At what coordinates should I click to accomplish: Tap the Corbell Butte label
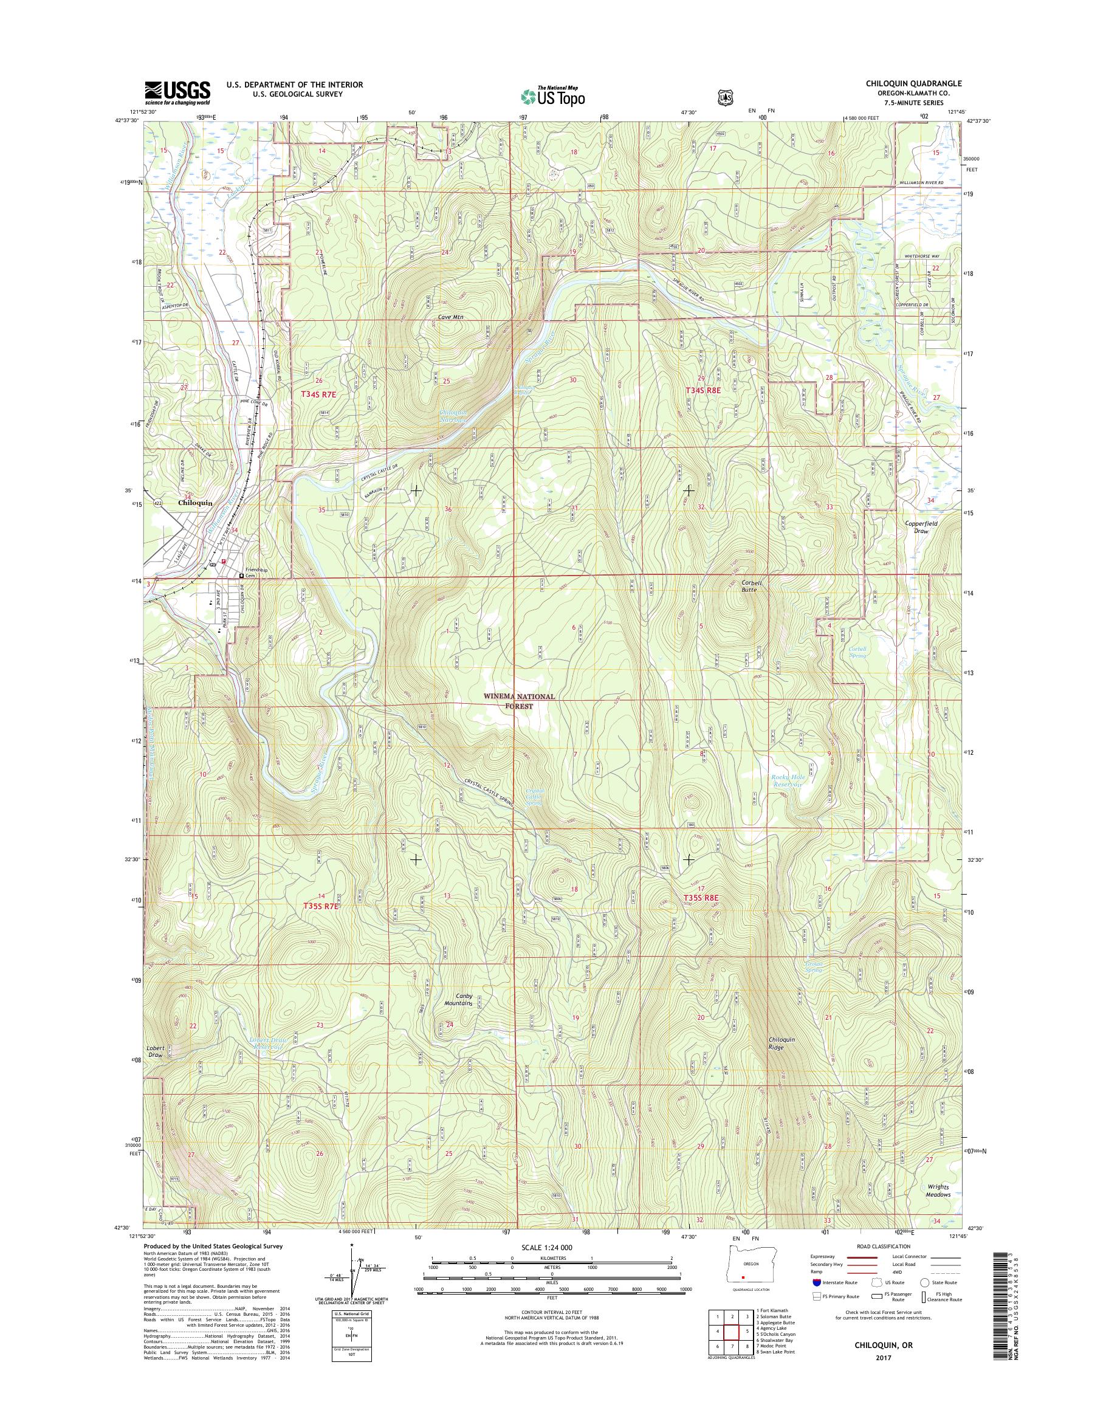[750, 586]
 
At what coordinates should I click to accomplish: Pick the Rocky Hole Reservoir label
[787, 780]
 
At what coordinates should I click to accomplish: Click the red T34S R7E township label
[320, 393]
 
